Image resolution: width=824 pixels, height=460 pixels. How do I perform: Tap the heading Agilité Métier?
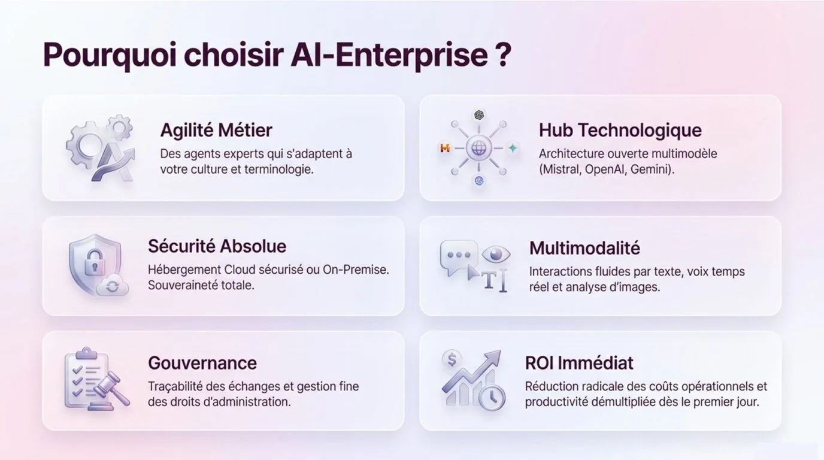tap(216, 131)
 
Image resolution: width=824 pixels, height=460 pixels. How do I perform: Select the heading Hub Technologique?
tap(620, 130)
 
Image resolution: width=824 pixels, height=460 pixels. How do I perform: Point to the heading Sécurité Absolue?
tap(217, 246)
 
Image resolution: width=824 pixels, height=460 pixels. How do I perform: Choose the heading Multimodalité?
tap(584, 248)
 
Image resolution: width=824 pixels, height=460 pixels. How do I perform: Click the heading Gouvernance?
tap(202, 363)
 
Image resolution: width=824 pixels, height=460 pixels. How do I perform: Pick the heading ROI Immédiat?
tap(579, 363)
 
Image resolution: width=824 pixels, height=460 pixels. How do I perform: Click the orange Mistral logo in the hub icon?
tap(445, 149)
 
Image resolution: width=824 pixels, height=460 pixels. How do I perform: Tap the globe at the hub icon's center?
tap(478, 149)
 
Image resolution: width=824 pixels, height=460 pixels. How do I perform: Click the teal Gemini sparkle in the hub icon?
tap(513, 148)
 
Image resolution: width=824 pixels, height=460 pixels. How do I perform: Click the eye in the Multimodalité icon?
tap(496, 253)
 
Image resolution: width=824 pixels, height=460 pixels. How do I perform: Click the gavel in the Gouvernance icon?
tap(110, 388)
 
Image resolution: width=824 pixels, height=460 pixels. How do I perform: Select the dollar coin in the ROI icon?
tap(452, 359)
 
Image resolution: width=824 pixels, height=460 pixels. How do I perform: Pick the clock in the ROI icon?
tap(492, 398)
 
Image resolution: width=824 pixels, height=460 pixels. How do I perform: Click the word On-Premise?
tap(356, 270)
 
